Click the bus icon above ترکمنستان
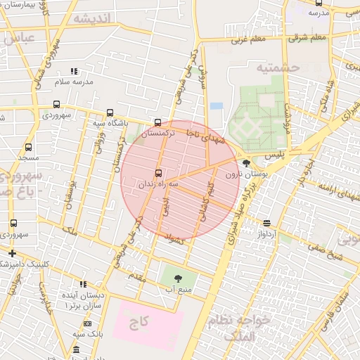[x=157, y=122]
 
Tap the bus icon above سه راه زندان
[x=157, y=172]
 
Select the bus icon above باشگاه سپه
[x=110, y=113]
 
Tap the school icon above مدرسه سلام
[x=74, y=71]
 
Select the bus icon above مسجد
[x=28, y=148]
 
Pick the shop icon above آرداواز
[x=266, y=223]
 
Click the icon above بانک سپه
[x=87, y=323]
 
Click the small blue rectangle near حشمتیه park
[x=217, y=106]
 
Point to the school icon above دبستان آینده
[x=83, y=284]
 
